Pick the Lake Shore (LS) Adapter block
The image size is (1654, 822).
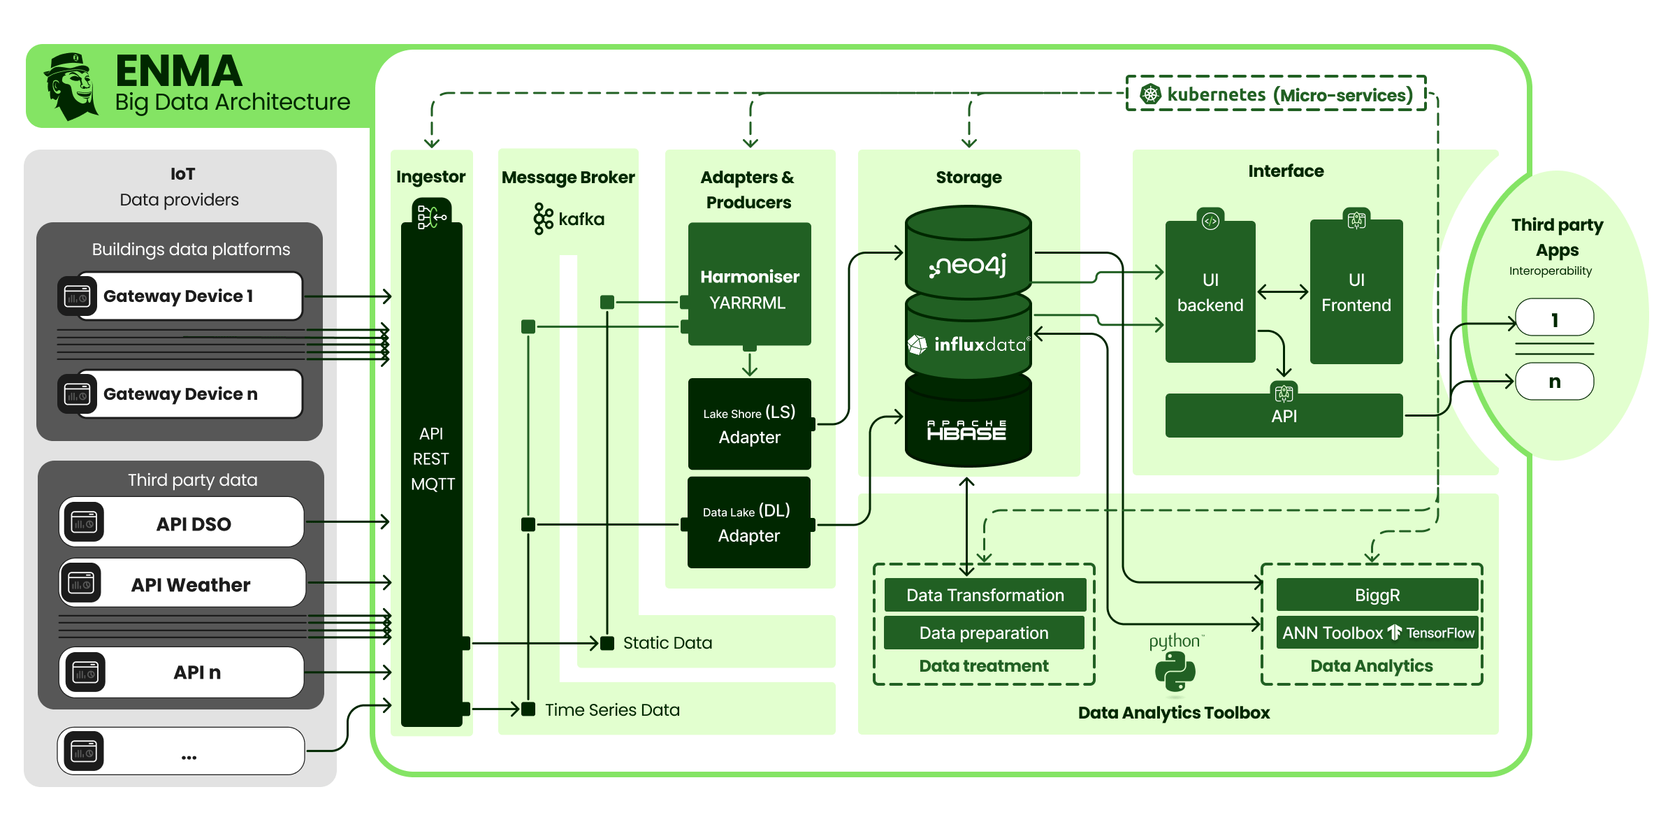click(749, 424)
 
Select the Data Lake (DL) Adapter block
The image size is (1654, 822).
click(749, 523)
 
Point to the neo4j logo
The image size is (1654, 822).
click(968, 265)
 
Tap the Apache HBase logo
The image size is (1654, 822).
click(966, 430)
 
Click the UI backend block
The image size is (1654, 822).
click(1210, 292)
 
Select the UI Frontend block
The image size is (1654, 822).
click(1356, 292)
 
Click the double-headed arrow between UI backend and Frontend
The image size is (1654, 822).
click(1283, 291)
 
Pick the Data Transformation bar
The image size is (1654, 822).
click(985, 595)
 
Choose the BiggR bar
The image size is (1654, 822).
click(1377, 595)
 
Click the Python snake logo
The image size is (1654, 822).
click(1175, 671)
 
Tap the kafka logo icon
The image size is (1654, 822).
click(543, 219)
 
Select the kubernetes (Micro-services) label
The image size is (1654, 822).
click(1277, 94)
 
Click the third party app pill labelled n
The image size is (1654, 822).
click(1555, 382)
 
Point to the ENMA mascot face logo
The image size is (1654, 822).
click(72, 86)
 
